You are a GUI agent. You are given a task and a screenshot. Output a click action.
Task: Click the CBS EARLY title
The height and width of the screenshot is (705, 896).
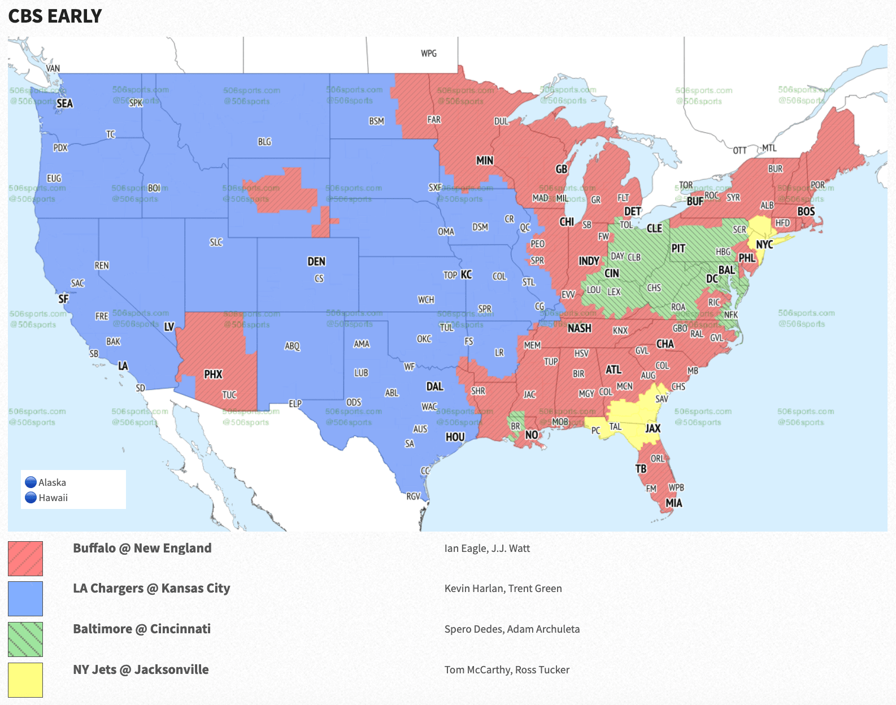point(55,16)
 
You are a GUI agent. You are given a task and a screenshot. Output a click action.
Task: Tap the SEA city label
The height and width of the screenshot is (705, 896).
point(64,103)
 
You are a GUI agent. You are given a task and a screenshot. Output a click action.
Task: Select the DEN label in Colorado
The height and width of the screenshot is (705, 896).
point(316,262)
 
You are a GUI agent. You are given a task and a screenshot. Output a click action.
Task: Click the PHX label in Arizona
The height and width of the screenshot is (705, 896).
point(213,374)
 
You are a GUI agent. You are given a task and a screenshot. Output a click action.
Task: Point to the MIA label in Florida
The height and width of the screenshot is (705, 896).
point(673,503)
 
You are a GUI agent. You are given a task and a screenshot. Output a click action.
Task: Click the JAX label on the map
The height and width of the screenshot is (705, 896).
point(653,428)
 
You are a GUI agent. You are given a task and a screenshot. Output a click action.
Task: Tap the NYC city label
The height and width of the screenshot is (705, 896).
point(764,245)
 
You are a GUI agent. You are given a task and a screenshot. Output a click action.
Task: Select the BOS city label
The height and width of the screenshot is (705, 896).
point(806,211)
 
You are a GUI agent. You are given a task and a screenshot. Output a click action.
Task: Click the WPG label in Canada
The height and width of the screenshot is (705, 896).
point(429,53)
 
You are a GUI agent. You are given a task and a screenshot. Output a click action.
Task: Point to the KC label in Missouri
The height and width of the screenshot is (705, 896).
point(466,275)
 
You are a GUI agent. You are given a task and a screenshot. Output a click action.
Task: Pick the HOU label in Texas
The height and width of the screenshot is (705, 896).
point(455,437)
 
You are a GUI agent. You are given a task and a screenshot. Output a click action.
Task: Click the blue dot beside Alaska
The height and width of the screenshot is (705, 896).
point(31,482)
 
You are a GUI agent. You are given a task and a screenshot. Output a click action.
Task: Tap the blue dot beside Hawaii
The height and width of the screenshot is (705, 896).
point(31,498)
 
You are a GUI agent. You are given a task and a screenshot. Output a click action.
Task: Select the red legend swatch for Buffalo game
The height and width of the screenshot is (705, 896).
point(25,559)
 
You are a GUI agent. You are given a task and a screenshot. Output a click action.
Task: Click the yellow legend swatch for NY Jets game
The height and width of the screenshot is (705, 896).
point(25,680)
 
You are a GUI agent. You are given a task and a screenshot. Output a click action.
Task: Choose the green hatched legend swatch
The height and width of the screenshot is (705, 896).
point(25,639)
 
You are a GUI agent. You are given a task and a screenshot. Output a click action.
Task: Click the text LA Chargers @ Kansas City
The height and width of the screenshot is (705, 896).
point(151,589)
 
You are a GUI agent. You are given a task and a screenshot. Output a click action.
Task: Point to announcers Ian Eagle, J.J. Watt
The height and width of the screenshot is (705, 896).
point(487,549)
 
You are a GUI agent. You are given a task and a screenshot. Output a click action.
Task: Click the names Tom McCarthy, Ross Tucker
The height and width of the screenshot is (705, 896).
point(507,670)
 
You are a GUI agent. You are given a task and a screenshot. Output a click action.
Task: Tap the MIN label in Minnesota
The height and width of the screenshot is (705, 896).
point(485,160)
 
